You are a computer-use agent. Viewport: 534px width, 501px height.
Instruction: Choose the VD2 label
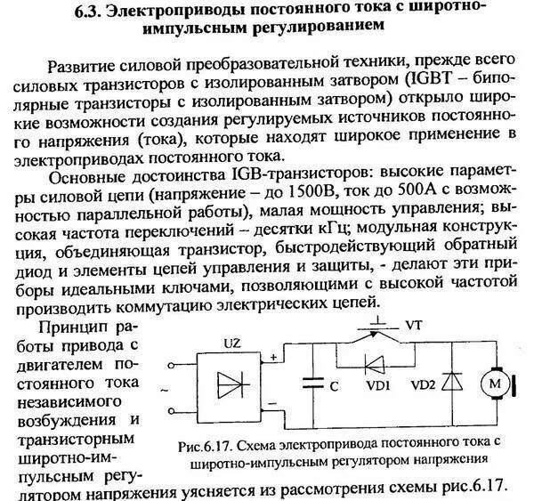425,388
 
